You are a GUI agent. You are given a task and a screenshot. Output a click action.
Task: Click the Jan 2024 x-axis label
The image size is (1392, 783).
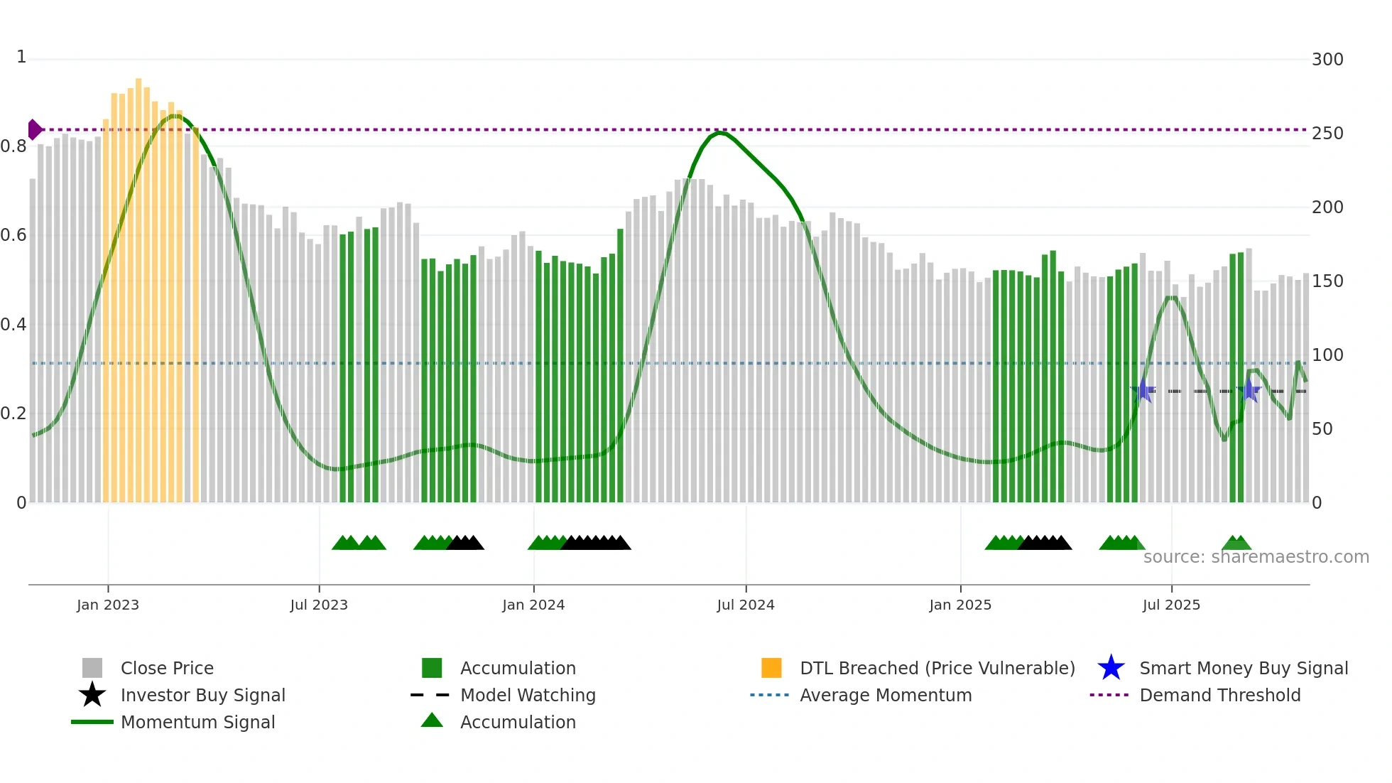click(x=533, y=605)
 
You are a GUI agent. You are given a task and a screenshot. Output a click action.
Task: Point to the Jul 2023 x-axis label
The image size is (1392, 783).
click(x=319, y=605)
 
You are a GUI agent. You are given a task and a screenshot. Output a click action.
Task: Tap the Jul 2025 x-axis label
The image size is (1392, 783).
click(x=1171, y=605)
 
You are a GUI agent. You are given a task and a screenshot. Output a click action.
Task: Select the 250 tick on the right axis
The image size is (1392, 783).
click(x=1327, y=134)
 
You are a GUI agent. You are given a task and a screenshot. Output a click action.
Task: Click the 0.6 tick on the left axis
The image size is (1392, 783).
click(x=13, y=235)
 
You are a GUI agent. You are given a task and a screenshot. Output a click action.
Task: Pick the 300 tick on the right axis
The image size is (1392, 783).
click(x=1327, y=60)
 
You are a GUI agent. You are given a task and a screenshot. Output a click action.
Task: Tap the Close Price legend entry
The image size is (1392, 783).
click(x=167, y=668)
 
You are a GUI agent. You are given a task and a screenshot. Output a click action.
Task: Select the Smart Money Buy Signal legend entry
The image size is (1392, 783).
click(x=1243, y=668)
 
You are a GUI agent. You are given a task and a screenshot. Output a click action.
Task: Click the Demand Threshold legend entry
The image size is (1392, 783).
click(x=1219, y=695)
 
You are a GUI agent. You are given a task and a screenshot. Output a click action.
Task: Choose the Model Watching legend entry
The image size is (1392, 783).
click(x=528, y=695)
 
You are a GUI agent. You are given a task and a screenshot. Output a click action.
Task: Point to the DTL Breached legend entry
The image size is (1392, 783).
click(x=937, y=668)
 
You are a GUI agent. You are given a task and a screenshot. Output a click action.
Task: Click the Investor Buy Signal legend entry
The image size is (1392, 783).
click(x=202, y=695)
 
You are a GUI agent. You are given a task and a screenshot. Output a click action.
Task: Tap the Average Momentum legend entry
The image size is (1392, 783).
click(x=885, y=695)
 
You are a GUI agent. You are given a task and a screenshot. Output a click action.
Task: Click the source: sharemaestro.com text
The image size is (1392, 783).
click(x=1256, y=557)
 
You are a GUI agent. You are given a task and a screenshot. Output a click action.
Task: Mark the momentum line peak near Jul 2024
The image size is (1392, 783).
click(x=719, y=133)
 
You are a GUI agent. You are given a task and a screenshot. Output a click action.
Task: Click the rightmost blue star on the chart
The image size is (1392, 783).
click(x=1249, y=390)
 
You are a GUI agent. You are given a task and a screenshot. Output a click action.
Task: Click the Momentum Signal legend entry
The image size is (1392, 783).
click(x=197, y=722)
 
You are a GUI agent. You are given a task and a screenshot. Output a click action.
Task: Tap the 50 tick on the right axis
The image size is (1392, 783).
click(x=1322, y=429)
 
